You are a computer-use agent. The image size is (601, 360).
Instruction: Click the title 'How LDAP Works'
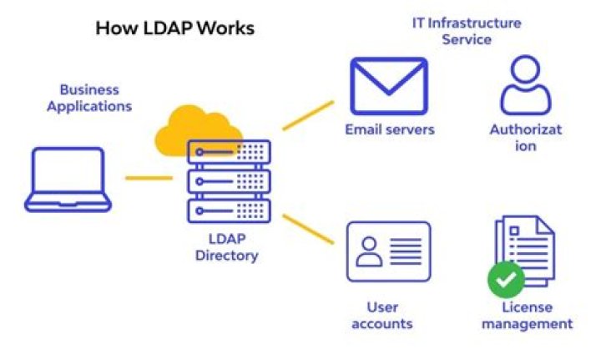pos(174,28)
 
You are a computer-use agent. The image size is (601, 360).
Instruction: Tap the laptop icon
pos(68,180)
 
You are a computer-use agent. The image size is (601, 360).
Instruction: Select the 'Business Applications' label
pos(89,98)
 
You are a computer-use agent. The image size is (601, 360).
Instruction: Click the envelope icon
pos(389,86)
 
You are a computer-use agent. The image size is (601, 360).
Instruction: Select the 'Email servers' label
pos(390,129)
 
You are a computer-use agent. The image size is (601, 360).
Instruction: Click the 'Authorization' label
pos(525,138)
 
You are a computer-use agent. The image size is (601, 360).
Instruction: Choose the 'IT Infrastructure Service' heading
pos(467,31)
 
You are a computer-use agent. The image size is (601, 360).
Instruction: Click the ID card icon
pos(389,251)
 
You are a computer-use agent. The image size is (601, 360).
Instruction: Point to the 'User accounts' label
pos(382,315)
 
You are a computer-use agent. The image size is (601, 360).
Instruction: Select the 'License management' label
pos(527,316)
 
